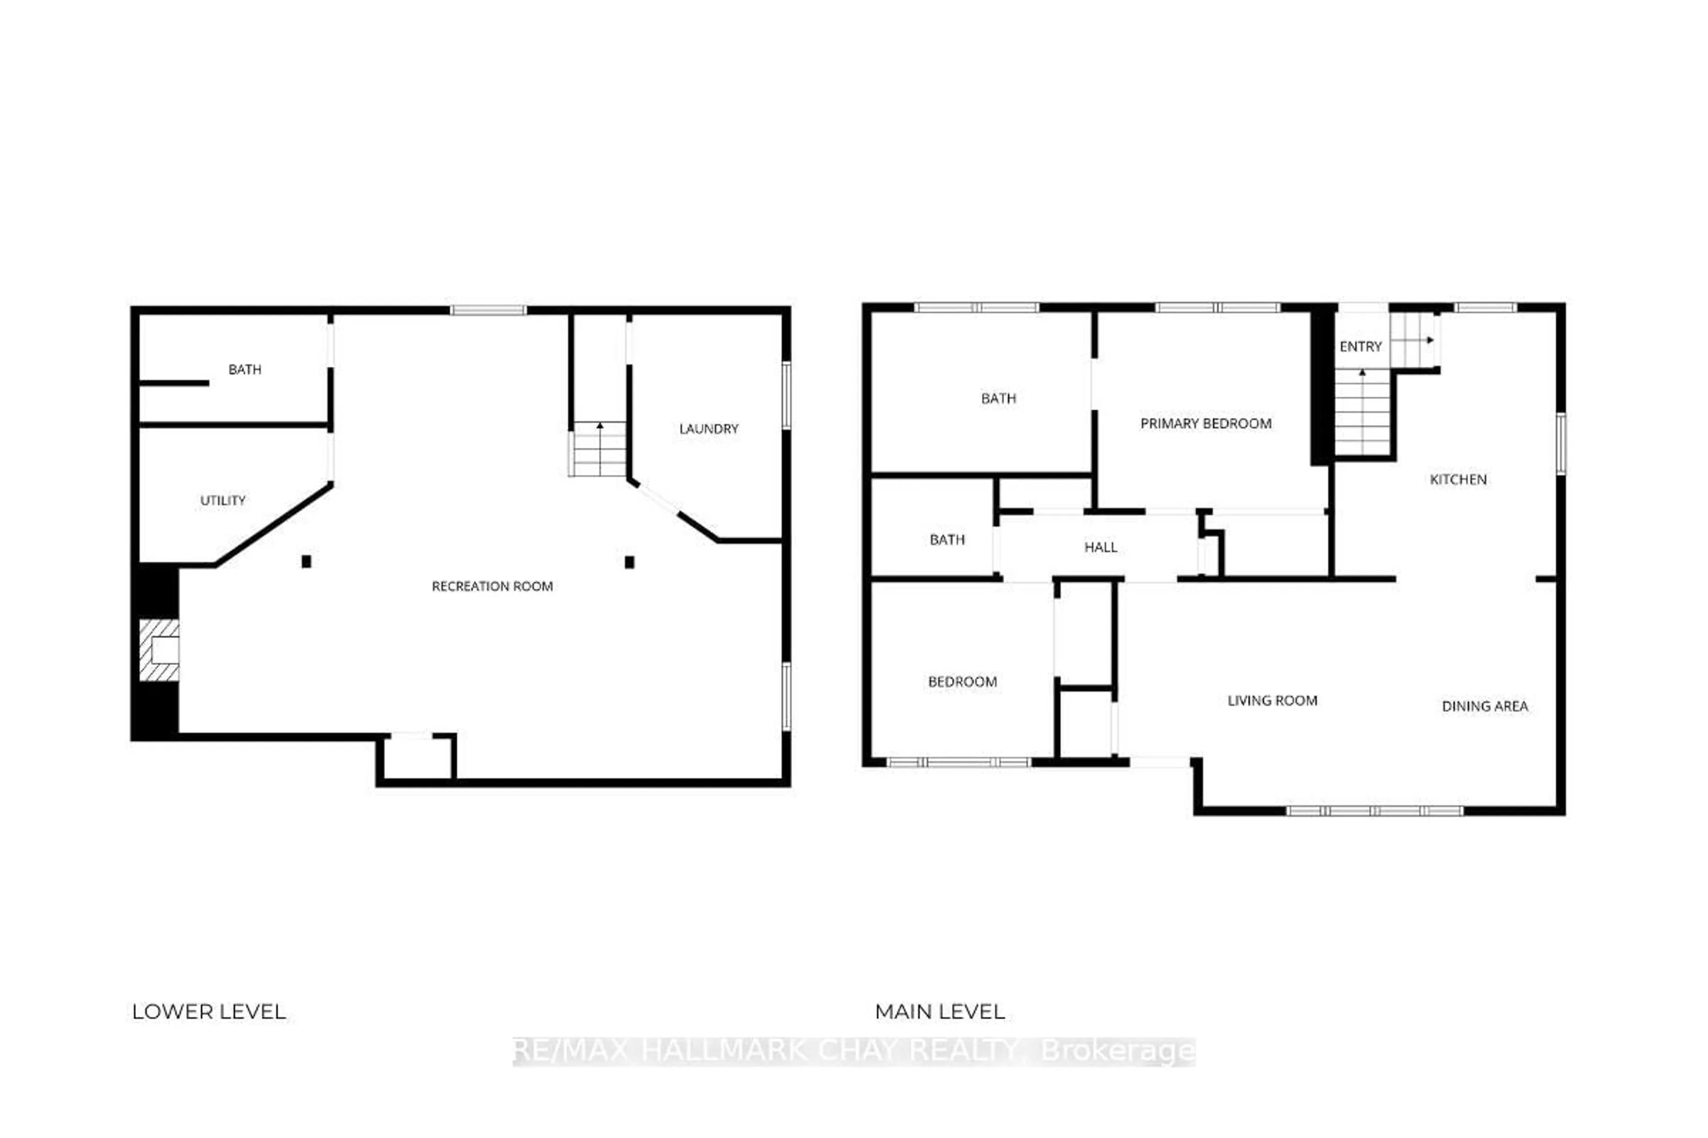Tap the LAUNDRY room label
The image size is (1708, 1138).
(x=708, y=429)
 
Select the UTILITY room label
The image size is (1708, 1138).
(x=222, y=500)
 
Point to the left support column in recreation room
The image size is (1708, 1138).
(x=306, y=561)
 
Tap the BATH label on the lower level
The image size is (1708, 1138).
(x=245, y=369)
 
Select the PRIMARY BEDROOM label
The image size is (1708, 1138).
(x=1205, y=423)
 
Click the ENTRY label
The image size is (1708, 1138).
(x=1360, y=347)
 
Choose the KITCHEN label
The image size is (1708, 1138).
(x=1458, y=479)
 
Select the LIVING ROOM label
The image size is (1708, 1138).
(x=1272, y=701)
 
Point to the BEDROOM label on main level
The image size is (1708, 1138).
(x=962, y=681)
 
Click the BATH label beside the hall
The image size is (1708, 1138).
(x=947, y=539)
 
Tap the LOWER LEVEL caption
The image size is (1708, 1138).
(x=209, y=1012)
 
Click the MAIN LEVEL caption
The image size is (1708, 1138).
(x=940, y=1012)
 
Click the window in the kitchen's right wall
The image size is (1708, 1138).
(x=1561, y=444)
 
